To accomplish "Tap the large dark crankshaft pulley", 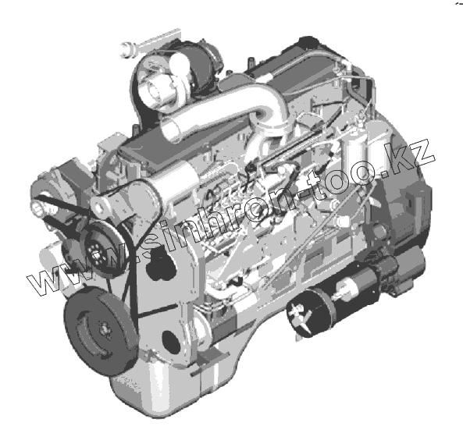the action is click(102, 331).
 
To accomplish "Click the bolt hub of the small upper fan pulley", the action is click(97, 256).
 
